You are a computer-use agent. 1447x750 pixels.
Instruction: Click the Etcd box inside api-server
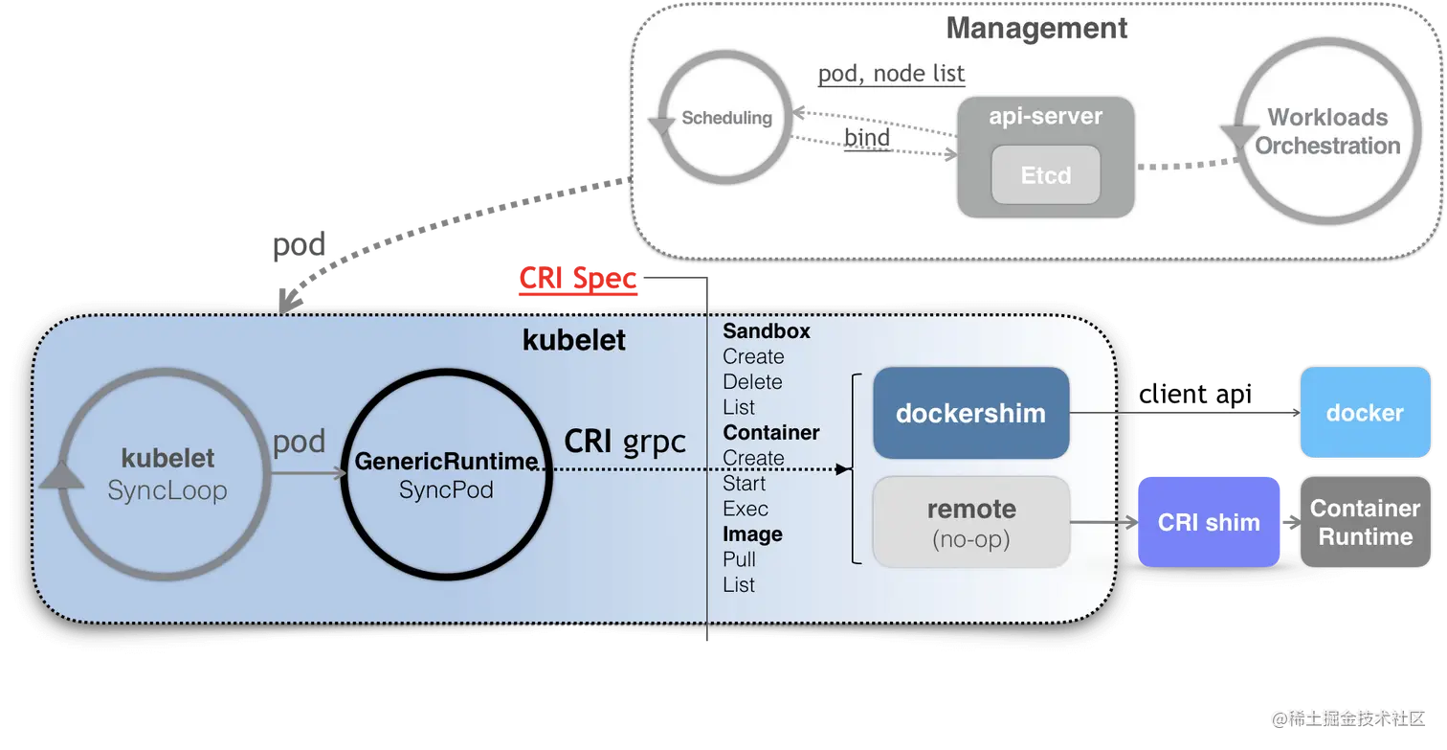tap(1045, 175)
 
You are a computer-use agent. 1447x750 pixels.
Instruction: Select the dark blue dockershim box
tap(970, 413)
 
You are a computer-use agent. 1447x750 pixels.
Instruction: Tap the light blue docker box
tap(1365, 413)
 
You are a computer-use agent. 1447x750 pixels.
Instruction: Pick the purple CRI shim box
tap(1209, 522)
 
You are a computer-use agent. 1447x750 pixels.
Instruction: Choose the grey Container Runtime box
tap(1365, 522)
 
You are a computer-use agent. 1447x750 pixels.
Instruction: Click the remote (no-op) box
tap(970, 522)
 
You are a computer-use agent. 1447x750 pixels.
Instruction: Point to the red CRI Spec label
tap(577, 280)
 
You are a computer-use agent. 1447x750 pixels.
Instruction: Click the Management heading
tap(1036, 28)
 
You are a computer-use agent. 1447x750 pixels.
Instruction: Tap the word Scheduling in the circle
tap(726, 118)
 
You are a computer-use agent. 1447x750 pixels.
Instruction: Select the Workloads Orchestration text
tap(1327, 131)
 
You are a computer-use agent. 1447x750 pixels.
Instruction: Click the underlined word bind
tap(867, 138)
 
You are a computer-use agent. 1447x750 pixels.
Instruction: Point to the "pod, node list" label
tap(891, 74)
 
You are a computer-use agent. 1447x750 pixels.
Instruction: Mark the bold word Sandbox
tap(767, 331)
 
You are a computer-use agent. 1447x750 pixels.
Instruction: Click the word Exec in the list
tap(746, 509)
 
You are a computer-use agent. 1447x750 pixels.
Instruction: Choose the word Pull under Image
tap(740, 559)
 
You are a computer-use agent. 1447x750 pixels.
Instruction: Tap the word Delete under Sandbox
tap(752, 382)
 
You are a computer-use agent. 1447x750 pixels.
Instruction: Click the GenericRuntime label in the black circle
tap(445, 462)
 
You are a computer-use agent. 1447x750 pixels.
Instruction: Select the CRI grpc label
tap(624, 441)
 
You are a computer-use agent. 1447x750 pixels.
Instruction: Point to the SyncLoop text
tap(167, 490)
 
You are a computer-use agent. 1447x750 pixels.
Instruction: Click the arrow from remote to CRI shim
tap(1102, 523)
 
